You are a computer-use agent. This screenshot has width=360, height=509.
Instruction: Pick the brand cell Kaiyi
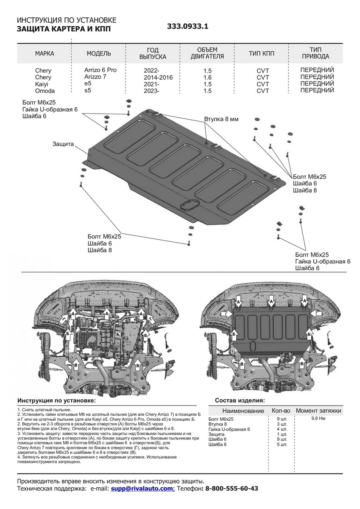coord(42,84)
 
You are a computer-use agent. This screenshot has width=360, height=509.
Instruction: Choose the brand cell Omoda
coord(44,91)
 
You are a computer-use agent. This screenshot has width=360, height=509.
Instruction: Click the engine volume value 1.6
coord(207,77)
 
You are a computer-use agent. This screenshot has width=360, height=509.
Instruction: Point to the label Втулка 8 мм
coord(221,119)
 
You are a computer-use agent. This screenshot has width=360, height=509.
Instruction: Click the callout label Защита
coord(64,144)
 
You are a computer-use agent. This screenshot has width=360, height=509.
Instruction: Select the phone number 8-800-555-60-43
coord(232,489)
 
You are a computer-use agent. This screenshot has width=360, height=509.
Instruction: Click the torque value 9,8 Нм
coord(318,418)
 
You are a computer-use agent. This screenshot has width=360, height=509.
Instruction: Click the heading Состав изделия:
coord(240,400)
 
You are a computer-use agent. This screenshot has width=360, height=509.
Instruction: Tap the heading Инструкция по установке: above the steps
coord(56,400)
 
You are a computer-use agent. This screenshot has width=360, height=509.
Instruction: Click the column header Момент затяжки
coord(318,411)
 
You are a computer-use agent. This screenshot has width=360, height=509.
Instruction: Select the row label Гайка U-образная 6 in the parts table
coord(229,429)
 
